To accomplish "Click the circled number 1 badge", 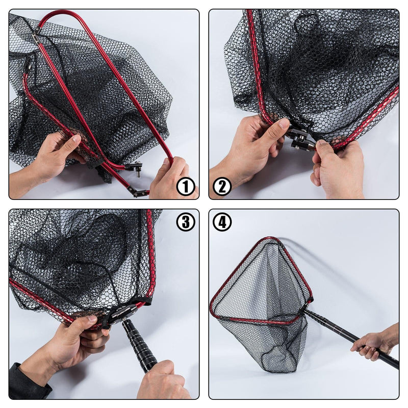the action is click(186, 186).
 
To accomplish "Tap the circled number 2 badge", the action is click(222, 186).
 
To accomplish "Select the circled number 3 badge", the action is click(186, 222).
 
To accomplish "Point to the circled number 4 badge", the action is click(222, 222).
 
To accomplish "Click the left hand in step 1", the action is click(49, 159).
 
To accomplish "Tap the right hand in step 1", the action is click(172, 180).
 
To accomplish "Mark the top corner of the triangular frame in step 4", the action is click(273, 238).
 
